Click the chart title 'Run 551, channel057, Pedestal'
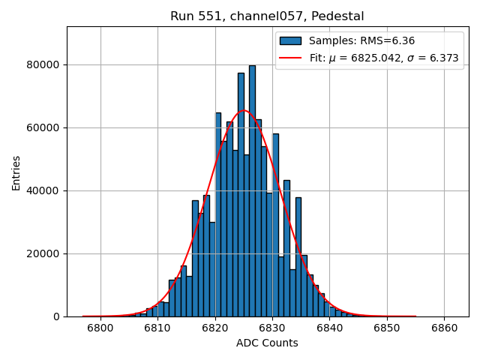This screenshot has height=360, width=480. pos(267,16)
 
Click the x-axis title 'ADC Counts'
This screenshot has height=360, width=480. pos(267,343)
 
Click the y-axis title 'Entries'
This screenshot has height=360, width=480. pos(16,172)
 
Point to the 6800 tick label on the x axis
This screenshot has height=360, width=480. pos(100,328)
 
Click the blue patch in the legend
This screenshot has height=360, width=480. pos(290,41)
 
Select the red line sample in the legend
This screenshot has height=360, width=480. pos(290,58)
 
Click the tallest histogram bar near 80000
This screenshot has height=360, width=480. pos(252,187)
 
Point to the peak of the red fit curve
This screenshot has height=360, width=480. pos(244,110)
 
